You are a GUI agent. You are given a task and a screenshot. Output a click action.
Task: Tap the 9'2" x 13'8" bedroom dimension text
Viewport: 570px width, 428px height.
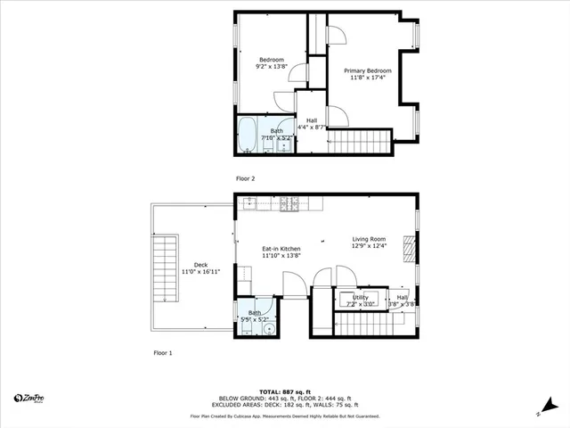271,66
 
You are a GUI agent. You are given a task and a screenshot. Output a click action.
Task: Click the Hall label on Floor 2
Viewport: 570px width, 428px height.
312,120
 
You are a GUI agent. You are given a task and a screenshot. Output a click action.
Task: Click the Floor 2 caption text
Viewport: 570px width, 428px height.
245,178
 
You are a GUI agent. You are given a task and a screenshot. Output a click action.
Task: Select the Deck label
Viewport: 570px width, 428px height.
200,265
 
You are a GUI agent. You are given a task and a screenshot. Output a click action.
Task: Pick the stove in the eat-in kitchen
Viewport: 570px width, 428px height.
289,204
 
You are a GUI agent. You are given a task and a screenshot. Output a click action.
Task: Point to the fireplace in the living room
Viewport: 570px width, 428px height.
409,245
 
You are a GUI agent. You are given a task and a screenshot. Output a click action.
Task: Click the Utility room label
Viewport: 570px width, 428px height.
360,298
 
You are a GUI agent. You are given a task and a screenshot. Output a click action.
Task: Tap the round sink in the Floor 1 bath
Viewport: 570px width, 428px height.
271,329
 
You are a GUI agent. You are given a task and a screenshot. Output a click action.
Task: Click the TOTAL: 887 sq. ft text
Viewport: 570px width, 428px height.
284,391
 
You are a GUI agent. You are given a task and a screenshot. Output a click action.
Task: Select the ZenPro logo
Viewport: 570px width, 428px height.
31,398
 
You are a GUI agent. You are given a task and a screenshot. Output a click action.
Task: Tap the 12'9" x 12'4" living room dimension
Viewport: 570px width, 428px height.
369,247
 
